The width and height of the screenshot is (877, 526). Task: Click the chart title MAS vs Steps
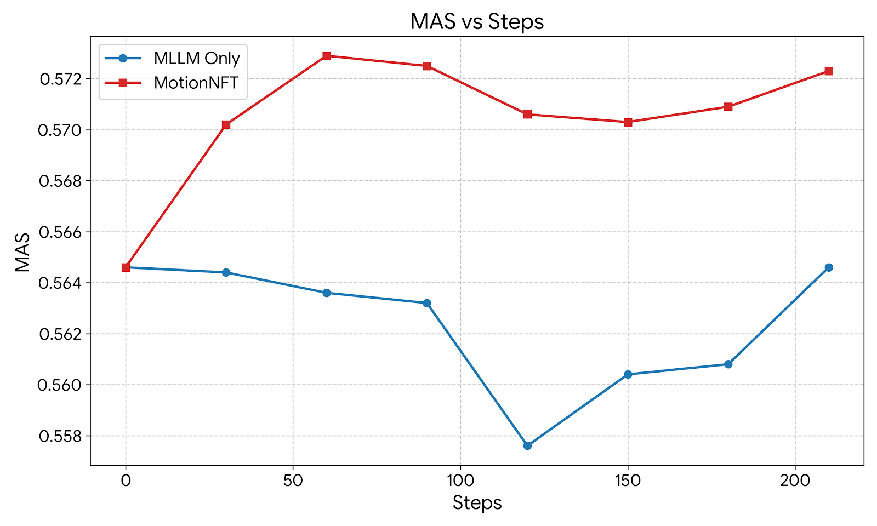(477, 22)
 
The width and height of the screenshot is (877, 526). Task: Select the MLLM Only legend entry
(196, 59)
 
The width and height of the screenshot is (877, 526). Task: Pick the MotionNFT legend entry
(196, 83)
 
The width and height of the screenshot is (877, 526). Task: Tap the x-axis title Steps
(477, 502)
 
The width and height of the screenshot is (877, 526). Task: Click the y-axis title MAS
(22, 252)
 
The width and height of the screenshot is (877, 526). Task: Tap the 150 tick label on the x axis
(628, 481)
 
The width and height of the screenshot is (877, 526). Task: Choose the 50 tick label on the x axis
(293, 481)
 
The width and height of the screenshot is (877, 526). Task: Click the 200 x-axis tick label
(795, 481)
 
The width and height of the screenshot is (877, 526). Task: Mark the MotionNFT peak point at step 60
(327, 56)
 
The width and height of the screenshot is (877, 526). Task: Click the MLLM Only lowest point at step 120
(527, 445)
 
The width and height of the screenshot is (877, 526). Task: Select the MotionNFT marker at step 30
(226, 125)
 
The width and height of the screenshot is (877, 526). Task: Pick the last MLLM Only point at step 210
(829, 267)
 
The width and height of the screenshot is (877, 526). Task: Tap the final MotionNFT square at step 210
(829, 71)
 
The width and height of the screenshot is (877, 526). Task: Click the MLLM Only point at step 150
(628, 374)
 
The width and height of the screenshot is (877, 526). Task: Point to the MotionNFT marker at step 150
(628, 122)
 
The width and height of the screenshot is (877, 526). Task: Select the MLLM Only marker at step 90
(427, 303)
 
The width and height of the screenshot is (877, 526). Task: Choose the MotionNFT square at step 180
(728, 107)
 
